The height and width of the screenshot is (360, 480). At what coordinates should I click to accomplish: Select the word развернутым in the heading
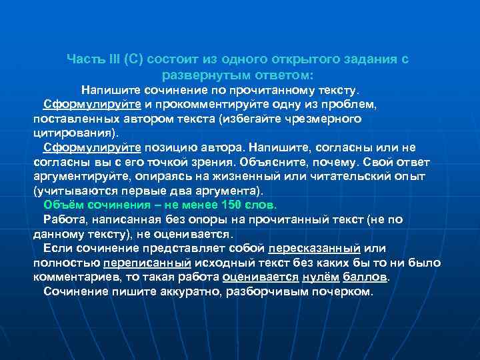point(201,75)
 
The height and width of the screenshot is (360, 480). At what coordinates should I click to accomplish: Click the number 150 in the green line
point(231,205)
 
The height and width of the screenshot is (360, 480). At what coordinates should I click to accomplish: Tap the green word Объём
point(62,205)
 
